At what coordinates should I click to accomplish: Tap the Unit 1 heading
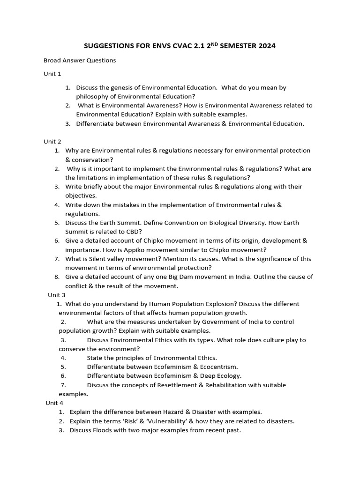pyautogui.click(x=52, y=74)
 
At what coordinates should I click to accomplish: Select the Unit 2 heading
pyautogui.click(x=52, y=142)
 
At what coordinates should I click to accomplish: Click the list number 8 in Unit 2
pyautogui.click(x=56, y=277)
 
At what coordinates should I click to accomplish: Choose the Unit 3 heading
pyautogui.click(x=57, y=295)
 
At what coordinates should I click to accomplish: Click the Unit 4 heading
pyautogui.click(x=54, y=403)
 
